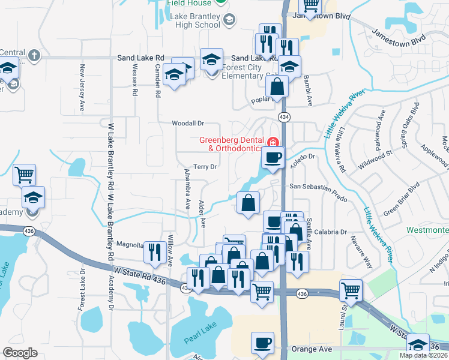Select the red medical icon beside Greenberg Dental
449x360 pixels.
pyautogui.click(x=273, y=142)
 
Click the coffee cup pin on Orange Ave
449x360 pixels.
pyautogui.click(x=262, y=343)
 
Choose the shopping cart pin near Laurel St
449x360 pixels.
pyautogui.click(x=351, y=291)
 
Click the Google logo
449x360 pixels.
pyautogui.click(x=20, y=353)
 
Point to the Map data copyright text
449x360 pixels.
pyautogui.click(x=423, y=355)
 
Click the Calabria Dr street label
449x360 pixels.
pyautogui.click(x=331, y=232)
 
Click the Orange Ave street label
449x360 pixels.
pyautogui.click(x=311, y=348)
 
